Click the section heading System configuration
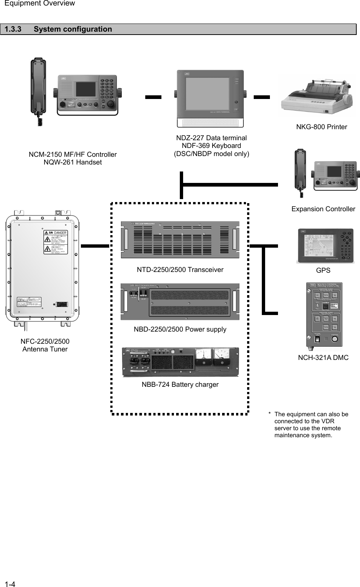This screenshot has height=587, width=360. [73, 29]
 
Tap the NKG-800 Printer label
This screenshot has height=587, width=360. [321, 127]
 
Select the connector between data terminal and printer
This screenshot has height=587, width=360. [262, 97]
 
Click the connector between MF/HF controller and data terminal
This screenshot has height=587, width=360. [153, 97]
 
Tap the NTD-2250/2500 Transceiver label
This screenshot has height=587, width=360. [180, 270]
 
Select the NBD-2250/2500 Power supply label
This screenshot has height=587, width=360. [180, 329]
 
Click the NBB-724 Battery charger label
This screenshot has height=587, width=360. [180, 385]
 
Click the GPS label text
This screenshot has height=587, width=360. [323, 270]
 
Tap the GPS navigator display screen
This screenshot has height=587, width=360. [320, 246]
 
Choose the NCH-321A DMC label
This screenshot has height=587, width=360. [323, 358]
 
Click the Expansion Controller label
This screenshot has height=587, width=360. [323, 209]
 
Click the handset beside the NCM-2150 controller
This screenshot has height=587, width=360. [39, 88]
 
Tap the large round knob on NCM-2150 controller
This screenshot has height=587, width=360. [109, 103]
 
